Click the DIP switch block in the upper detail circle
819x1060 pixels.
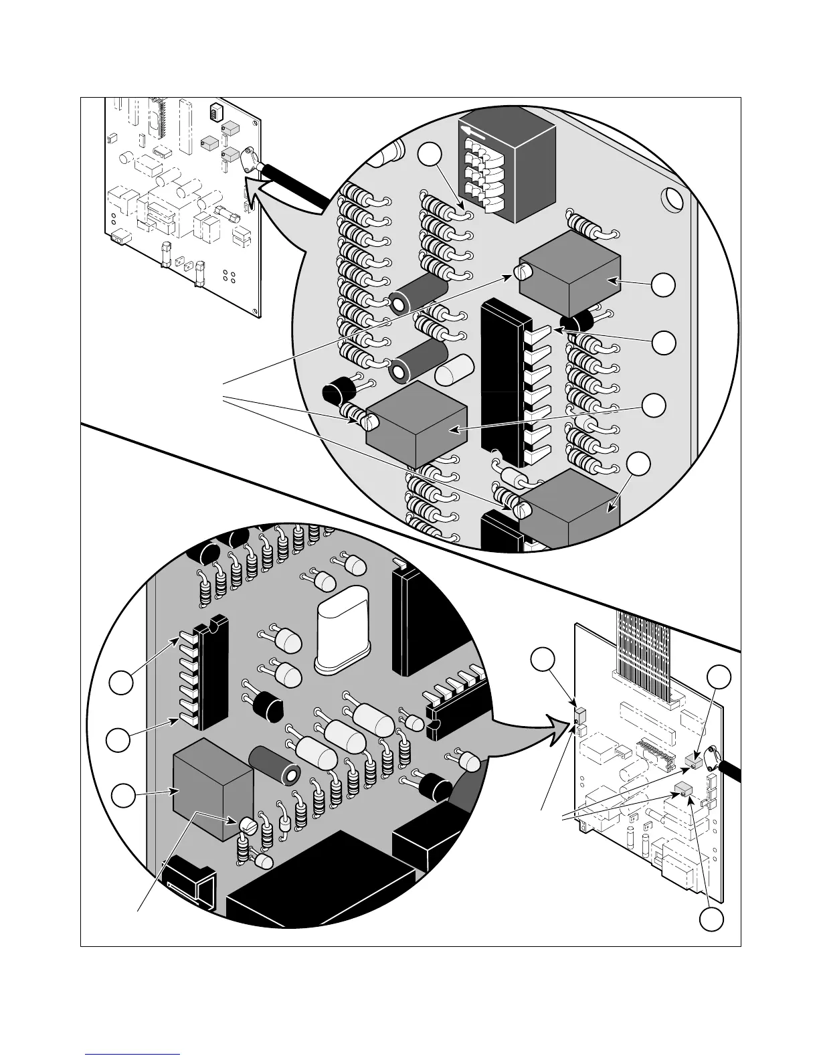click(x=509, y=171)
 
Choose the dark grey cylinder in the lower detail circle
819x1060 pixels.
click(x=276, y=766)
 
